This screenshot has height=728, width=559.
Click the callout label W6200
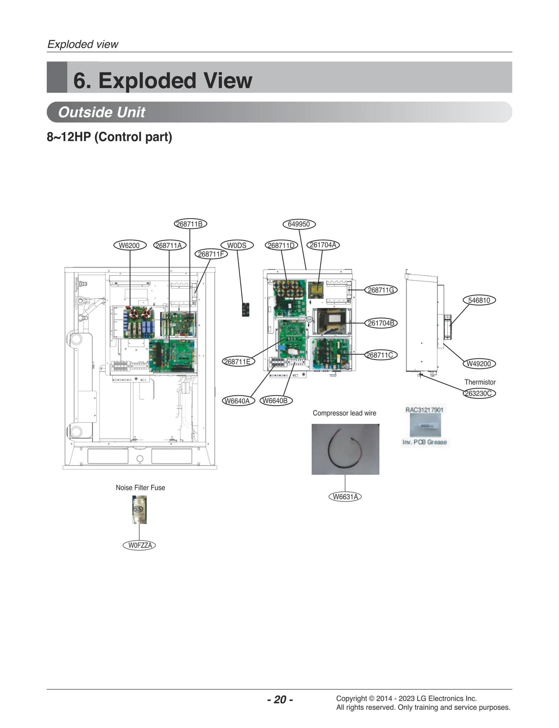point(130,245)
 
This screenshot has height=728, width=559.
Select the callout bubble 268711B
point(190,224)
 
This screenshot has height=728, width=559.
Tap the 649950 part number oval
point(299,224)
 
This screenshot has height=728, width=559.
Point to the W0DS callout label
point(237,245)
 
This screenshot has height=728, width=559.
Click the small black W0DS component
point(246,310)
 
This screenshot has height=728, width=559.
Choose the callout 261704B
point(381,323)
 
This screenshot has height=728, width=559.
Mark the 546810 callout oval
point(479,300)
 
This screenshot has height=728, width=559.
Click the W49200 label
point(479,364)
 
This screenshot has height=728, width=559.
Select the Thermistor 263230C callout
point(479,393)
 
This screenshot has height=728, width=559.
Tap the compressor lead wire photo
point(345,449)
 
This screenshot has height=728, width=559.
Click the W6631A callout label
point(345,497)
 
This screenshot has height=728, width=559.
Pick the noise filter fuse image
point(139,510)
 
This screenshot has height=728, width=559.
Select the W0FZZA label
point(139,545)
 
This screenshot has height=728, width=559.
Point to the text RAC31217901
point(424,410)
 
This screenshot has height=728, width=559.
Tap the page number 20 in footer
point(280,700)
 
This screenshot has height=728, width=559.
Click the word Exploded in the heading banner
point(147,81)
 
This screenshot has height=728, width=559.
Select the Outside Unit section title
point(101,112)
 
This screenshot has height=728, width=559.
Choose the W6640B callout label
point(276,401)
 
